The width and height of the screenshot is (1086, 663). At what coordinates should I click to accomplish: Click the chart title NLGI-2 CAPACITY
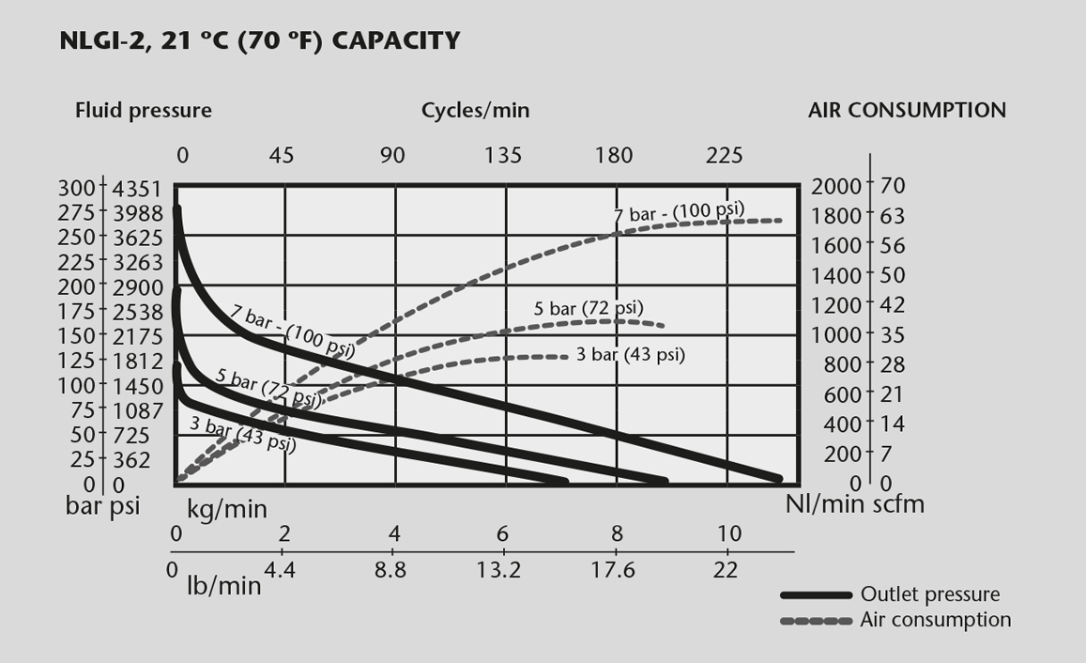[260, 41]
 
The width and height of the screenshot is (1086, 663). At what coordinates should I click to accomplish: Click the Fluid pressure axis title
[144, 111]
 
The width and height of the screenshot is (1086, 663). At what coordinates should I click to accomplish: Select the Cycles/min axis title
[475, 111]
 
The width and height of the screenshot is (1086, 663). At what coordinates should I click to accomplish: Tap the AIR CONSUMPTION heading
[907, 110]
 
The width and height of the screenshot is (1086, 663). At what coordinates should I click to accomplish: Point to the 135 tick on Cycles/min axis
[504, 155]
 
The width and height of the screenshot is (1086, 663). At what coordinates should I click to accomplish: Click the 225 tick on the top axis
[724, 155]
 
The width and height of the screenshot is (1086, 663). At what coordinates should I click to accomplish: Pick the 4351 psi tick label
[138, 188]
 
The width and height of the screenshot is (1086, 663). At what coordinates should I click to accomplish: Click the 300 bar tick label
[77, 188]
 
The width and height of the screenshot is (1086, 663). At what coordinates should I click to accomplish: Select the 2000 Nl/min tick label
[836, 186]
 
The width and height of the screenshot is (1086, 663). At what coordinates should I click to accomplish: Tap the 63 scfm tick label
[893, 216]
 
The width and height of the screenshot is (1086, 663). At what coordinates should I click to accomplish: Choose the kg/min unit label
[226, 510]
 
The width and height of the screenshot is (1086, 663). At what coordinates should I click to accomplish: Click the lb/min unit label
[224, 585]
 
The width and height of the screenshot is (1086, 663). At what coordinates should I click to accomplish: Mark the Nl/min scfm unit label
[854, 504]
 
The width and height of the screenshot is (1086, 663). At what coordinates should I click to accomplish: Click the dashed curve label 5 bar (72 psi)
[589, 308]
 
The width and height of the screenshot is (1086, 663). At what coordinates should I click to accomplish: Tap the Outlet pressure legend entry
[929, 594]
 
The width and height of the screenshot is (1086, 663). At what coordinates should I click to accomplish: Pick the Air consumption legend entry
[935, 620]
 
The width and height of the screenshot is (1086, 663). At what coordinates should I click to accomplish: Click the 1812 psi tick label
[138, 361]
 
